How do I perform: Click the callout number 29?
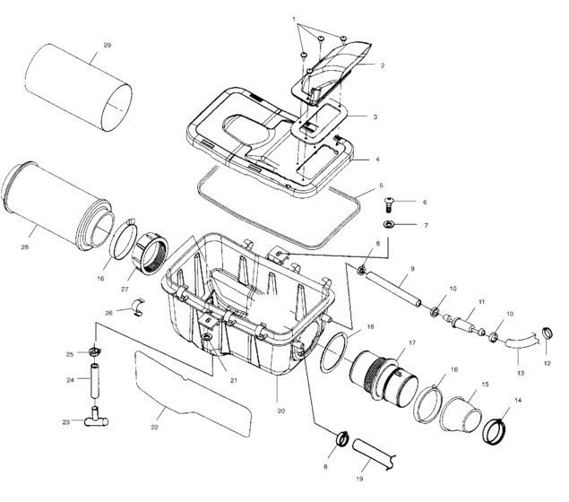tap(107, 45)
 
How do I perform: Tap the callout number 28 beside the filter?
tap(24, 247)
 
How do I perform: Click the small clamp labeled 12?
tap(545, 337)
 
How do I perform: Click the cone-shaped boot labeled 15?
tap(463, 411)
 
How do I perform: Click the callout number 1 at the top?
tap(293, 18)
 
